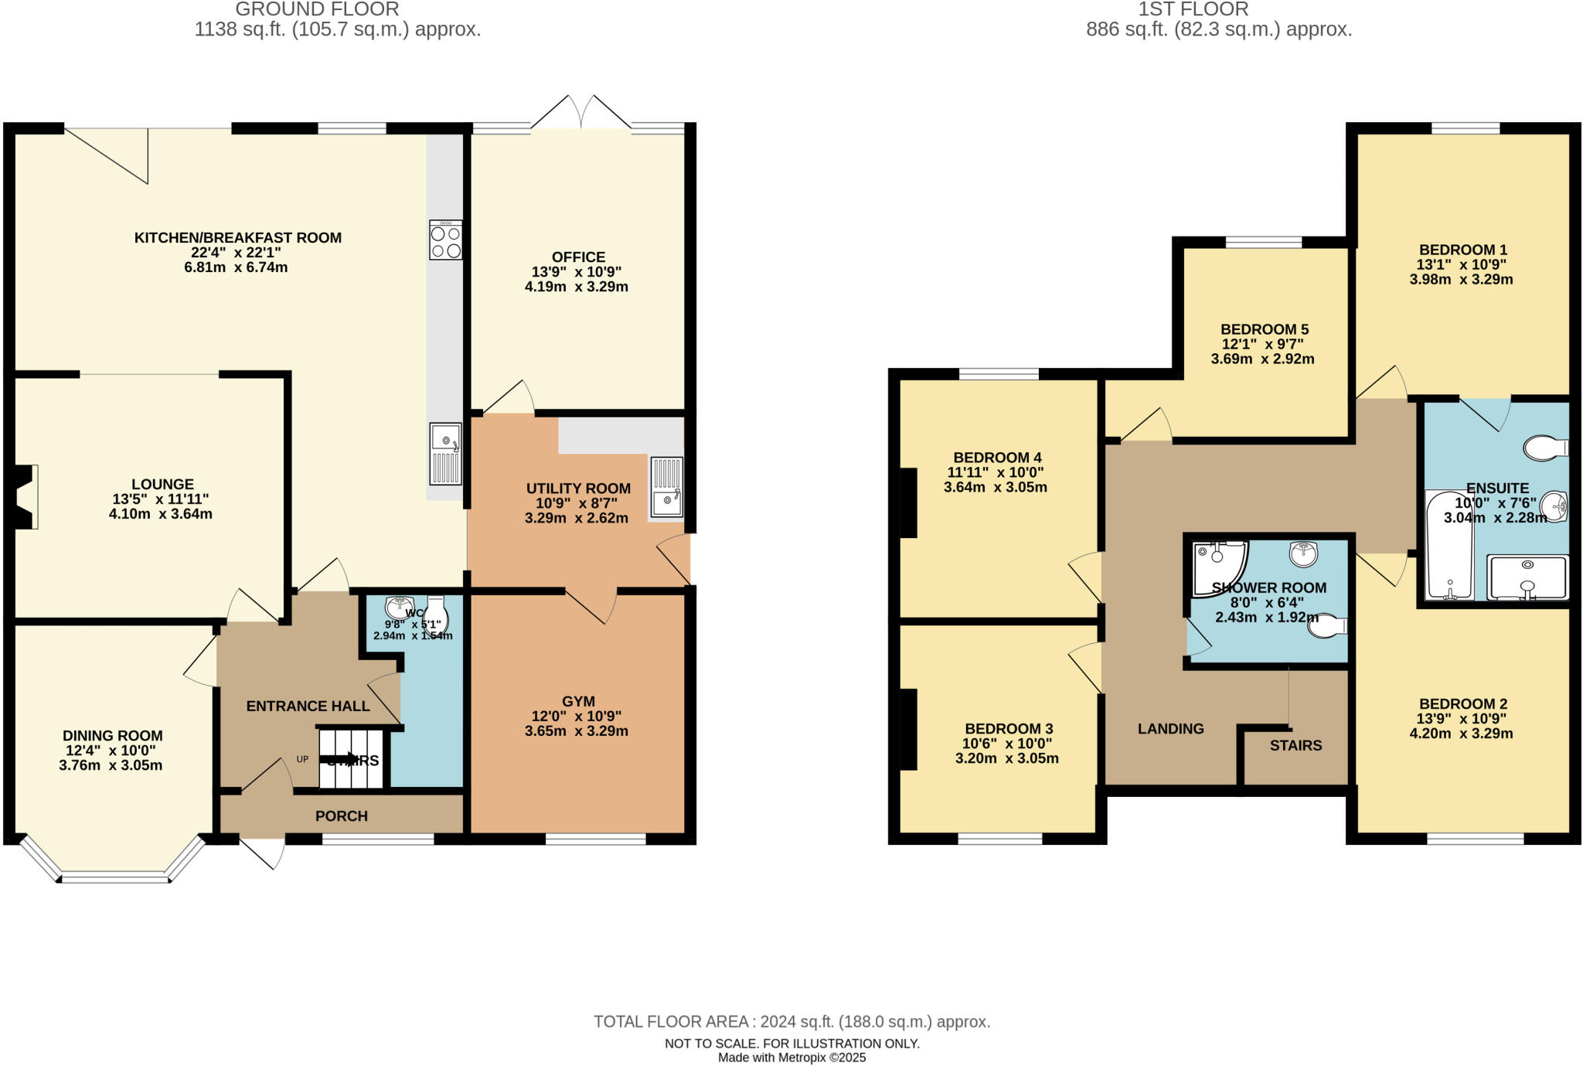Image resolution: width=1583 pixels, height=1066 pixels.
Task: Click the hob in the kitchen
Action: click(446, 240)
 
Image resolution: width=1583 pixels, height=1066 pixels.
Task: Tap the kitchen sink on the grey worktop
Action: click(446, 455)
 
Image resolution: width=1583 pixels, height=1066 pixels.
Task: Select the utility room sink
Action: click(666, 487)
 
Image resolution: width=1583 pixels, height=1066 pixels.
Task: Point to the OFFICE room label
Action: click(578, 257)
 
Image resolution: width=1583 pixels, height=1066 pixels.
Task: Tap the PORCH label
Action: click(341, 816)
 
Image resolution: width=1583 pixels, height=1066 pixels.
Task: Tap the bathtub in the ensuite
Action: click(1449, 546)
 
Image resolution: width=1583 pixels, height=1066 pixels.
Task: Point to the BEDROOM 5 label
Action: click(1264, 329)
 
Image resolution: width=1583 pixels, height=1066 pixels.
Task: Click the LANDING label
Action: click(1170, 729)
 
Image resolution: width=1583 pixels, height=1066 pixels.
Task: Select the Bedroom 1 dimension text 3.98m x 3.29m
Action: click(1460, 280)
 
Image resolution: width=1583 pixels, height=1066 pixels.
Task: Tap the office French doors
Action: click(580, 114)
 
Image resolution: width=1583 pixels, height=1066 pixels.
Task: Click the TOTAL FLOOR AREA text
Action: click(791, 1022)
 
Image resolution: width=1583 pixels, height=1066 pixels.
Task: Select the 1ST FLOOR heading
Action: click(1193, 10)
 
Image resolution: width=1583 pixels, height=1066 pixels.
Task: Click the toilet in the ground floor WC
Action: click(437, 615)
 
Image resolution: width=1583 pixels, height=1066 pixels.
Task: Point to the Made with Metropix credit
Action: click(791, 1057)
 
